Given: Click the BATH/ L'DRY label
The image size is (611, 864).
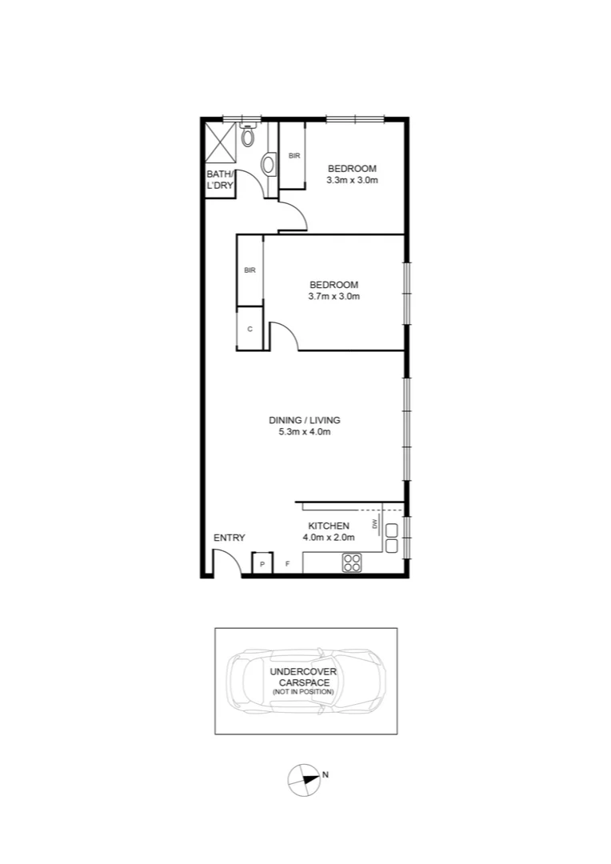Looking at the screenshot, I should [x=220, y=179].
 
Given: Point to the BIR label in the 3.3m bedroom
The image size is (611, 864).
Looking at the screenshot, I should [x=294, y=155].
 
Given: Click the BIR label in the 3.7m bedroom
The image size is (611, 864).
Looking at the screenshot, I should [x=250, y=270].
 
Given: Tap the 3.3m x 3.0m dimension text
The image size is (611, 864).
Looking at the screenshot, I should [x=352, y=180].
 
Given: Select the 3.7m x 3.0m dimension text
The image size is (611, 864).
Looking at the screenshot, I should [x=333, y=297].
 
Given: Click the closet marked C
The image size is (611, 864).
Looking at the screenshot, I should [x=250, y=328].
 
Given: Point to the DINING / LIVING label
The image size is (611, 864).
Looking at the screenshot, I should [x=305, y=420].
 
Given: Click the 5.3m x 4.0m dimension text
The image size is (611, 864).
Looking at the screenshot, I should [x=305, y=432].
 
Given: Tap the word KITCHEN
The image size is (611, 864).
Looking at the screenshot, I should [x=329, y=526].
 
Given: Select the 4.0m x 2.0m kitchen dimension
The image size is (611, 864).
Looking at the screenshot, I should [x=329, y=538].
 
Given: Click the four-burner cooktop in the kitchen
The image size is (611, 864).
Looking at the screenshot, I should [x=350, y=562].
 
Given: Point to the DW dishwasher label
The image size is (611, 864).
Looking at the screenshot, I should [x=374, y=524].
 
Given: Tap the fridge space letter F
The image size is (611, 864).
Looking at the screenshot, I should [x=288, y=565].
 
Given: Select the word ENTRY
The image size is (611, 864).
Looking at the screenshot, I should [x=230, y=538].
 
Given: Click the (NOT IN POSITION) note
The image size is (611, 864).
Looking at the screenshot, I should [x=302, y=692].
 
